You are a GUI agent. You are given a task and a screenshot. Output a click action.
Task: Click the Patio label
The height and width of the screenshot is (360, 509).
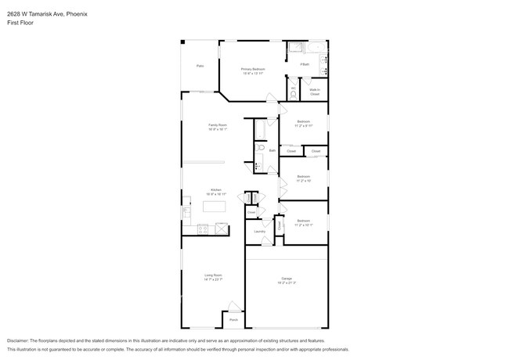(x=200, y=66)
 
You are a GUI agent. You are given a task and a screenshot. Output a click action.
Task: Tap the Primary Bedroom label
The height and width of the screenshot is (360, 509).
(x=253, y=69)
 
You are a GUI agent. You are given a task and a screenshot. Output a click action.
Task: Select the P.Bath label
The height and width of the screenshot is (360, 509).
(x=305, y=64)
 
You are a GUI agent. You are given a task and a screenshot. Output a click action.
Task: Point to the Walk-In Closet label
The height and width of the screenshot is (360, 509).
(x=314, y=92)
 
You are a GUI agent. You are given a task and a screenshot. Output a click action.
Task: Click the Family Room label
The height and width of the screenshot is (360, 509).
(x=217, y=125)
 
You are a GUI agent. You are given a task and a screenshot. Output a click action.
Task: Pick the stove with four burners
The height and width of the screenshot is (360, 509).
(x=202, y=229)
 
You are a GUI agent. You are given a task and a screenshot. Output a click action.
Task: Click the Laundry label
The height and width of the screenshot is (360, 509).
(x=259, y=232)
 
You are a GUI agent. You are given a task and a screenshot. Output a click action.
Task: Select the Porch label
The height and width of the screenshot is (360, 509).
(x=233, y=319)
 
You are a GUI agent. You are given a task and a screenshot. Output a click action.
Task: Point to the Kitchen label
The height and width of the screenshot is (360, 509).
(x=215, y=189)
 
